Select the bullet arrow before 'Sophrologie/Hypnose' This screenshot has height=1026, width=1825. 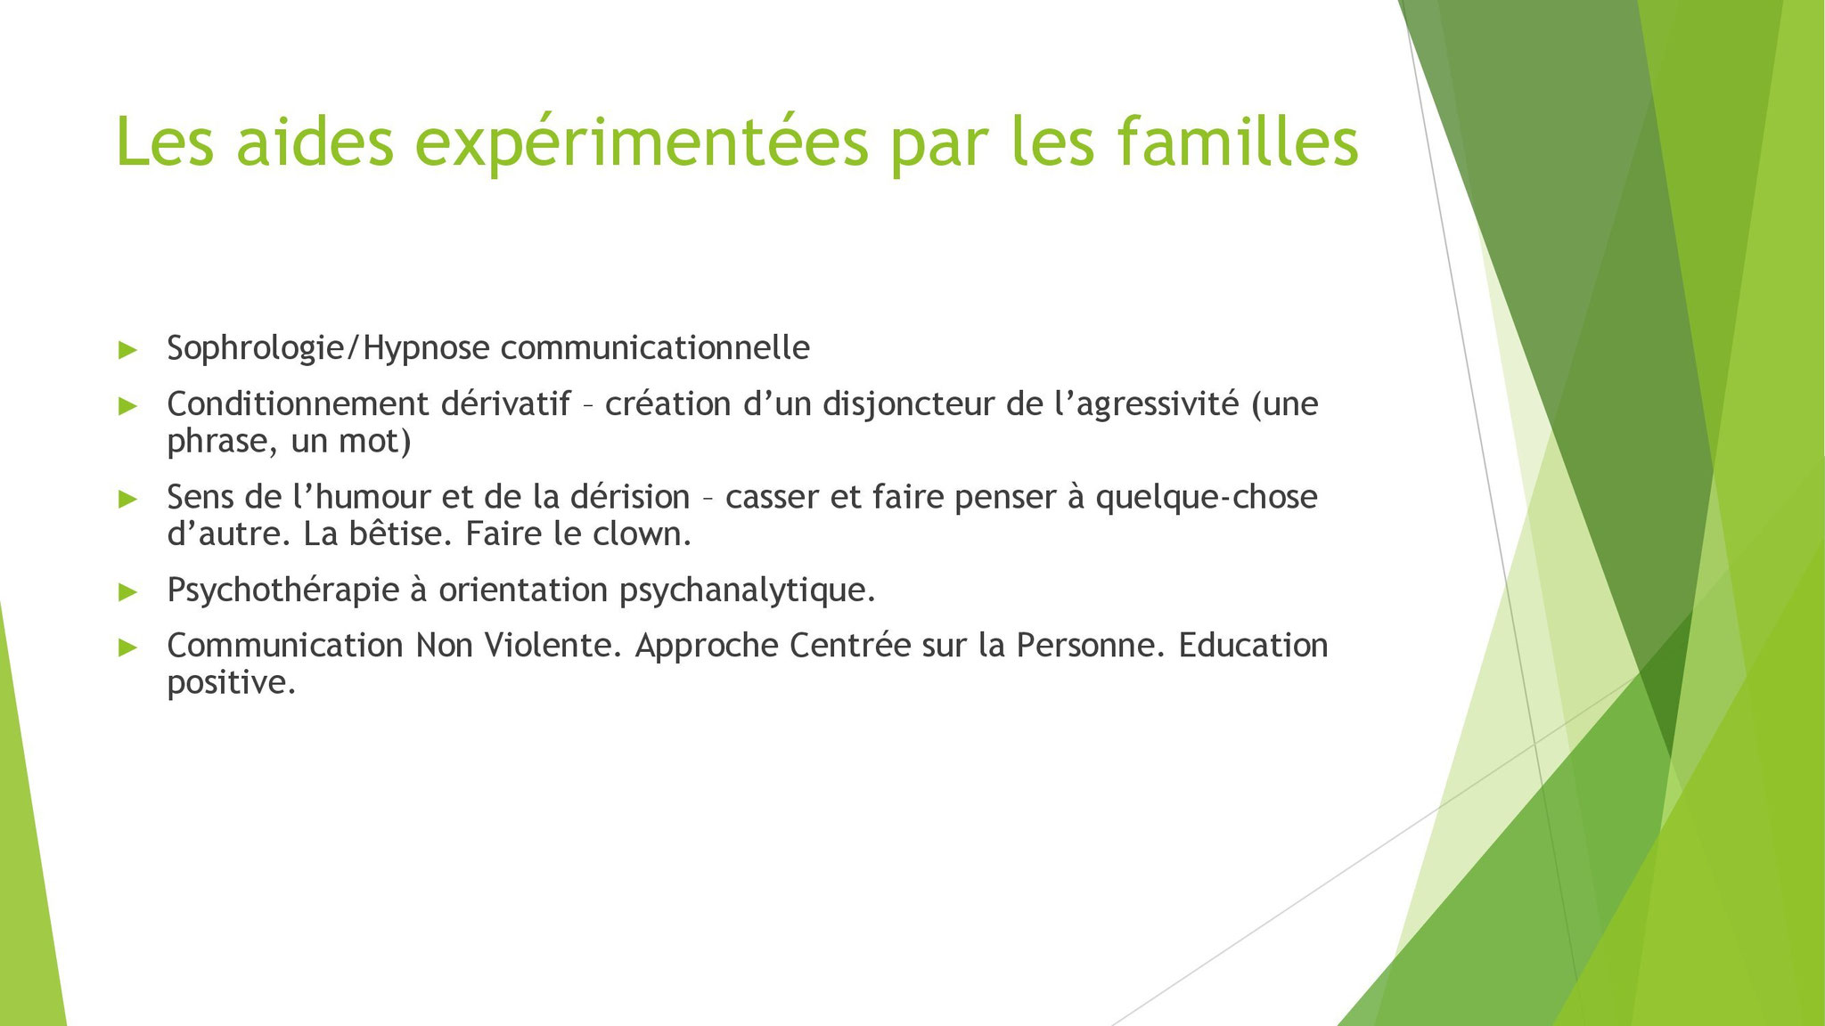128,350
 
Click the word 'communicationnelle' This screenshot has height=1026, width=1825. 661,347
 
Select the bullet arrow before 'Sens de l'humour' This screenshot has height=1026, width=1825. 128,499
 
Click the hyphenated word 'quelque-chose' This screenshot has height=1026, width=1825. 1207,497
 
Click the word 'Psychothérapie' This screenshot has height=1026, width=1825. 282,590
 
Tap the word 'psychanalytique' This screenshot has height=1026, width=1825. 742,590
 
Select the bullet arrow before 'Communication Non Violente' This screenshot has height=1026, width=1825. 128,647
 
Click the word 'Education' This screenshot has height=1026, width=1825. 1253,645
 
